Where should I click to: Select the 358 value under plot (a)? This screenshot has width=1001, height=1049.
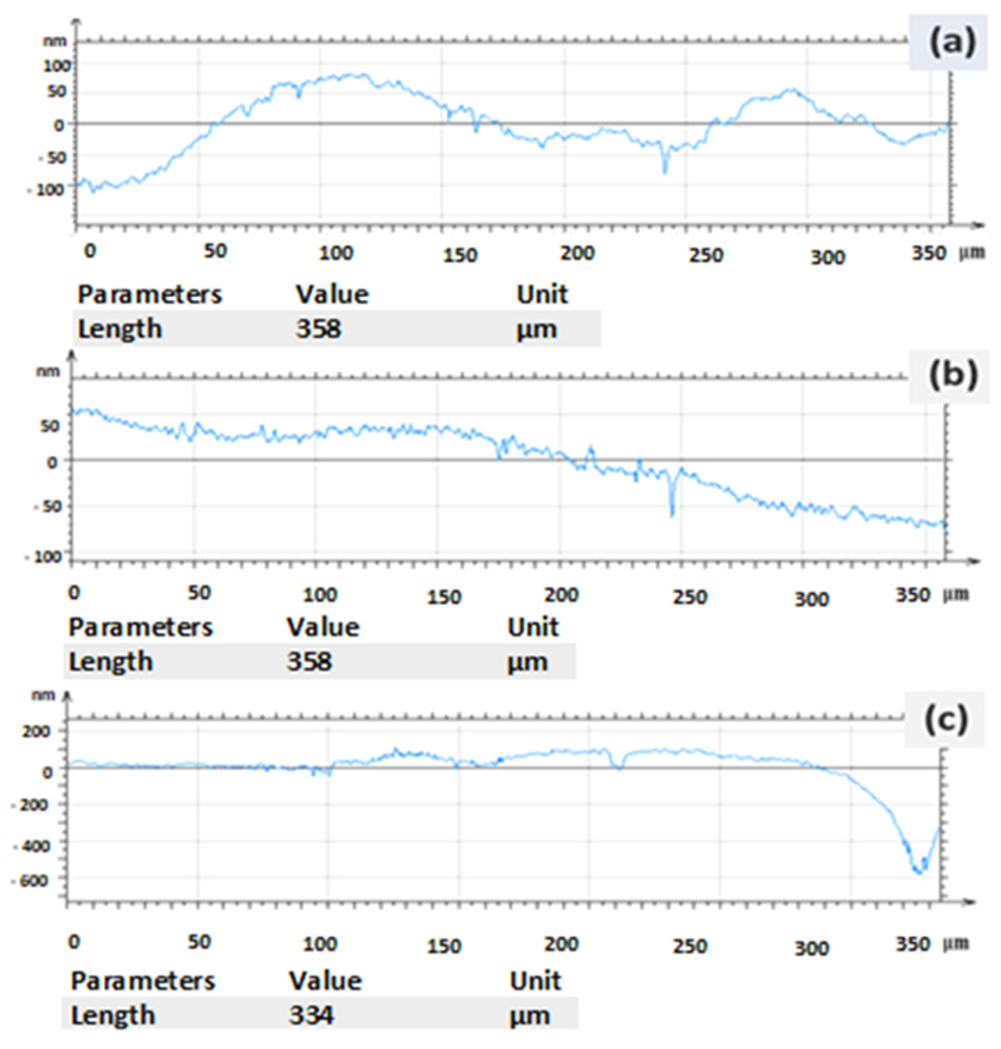318,328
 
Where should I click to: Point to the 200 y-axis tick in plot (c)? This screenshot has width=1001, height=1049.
36,731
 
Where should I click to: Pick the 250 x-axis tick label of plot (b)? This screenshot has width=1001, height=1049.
689,597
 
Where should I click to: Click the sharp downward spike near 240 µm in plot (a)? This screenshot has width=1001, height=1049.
665,172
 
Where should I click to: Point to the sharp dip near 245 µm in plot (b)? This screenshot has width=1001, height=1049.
672,515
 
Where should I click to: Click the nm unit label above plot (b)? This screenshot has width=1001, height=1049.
48,371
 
